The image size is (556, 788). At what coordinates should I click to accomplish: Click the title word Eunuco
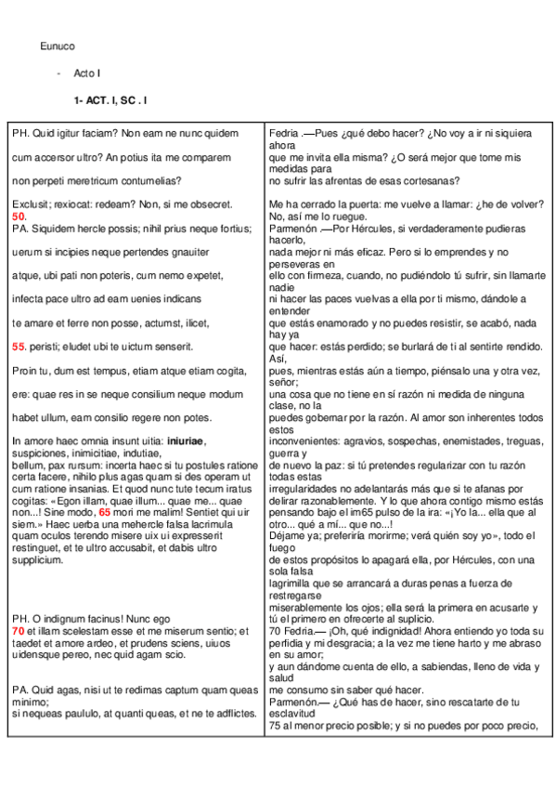[58, 46]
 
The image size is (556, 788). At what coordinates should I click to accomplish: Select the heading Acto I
[86, 72]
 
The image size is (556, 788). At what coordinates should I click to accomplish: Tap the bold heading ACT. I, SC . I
[110, 98]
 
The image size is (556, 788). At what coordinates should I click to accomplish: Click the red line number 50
[19, 216]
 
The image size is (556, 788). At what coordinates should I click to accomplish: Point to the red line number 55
[19, 347]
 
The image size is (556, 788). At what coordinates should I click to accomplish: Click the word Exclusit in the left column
[30, 204]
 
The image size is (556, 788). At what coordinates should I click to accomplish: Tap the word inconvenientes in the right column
[306, 440]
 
